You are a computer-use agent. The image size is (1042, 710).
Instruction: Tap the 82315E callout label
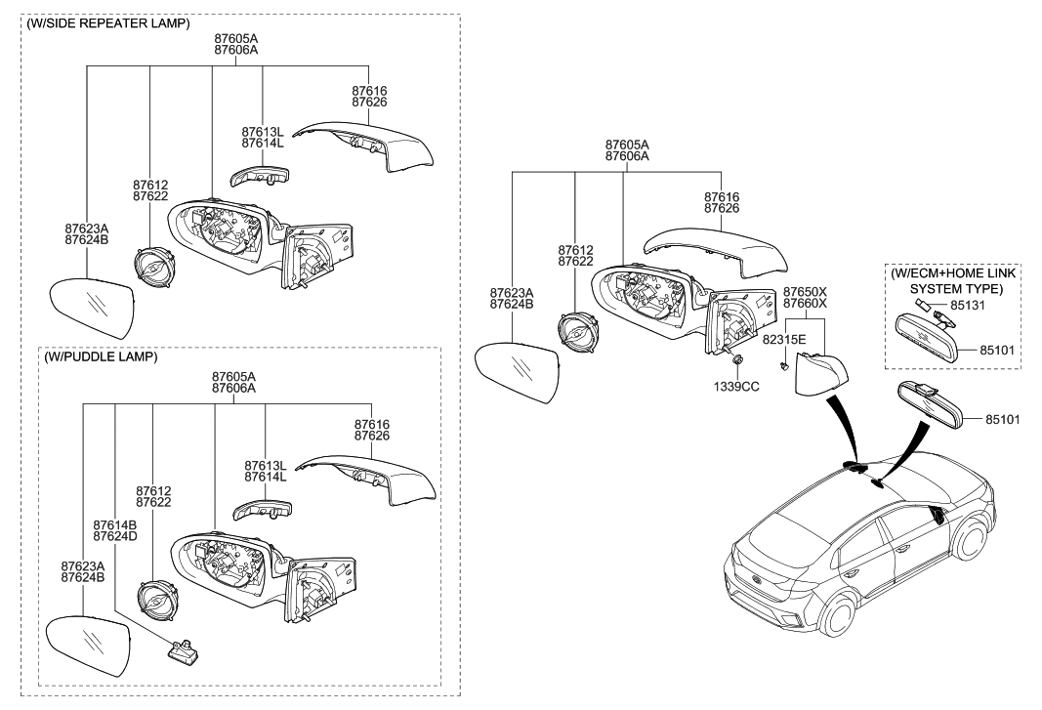pyautogui.click(x=784, y=339)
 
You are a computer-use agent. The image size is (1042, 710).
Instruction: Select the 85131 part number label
pyautogui.click(x=970, y=305)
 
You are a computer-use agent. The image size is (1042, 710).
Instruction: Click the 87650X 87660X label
pyautogui.click(x=805, y=297)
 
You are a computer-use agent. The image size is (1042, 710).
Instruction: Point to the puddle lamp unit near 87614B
pyautogui.click(x=182, y=649)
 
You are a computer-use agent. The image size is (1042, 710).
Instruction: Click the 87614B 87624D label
pyautogui.click(x=115, y=530)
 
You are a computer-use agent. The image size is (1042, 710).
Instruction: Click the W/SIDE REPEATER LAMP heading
pyautogui.click(x=108, y=22)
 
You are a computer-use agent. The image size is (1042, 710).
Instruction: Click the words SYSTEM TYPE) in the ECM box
pyautogui.click(x=955, y=289)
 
